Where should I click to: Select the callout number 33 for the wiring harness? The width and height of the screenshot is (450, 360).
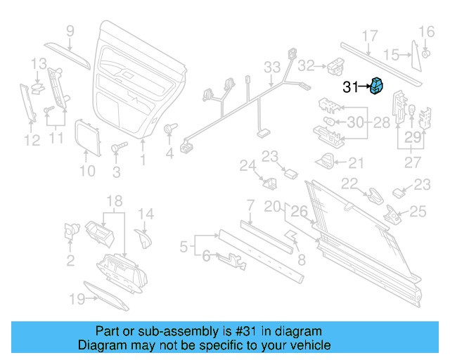click(x=272, y=67)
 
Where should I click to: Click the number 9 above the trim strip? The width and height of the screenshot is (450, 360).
click(x=70, y=30)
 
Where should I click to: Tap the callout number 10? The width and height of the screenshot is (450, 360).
click(x=86, y=171)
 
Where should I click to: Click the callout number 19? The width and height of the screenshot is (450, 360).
click(x=77, y=300)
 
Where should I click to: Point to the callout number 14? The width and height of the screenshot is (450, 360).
click(x=145, y=214)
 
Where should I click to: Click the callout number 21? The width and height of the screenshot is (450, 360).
click(x=356, y=163)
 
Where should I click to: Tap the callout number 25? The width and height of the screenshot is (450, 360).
click(x=418, y=210)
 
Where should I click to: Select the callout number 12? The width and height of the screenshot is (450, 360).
click(x=31, y=141)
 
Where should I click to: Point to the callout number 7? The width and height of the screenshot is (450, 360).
click(x=250, y=205)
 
